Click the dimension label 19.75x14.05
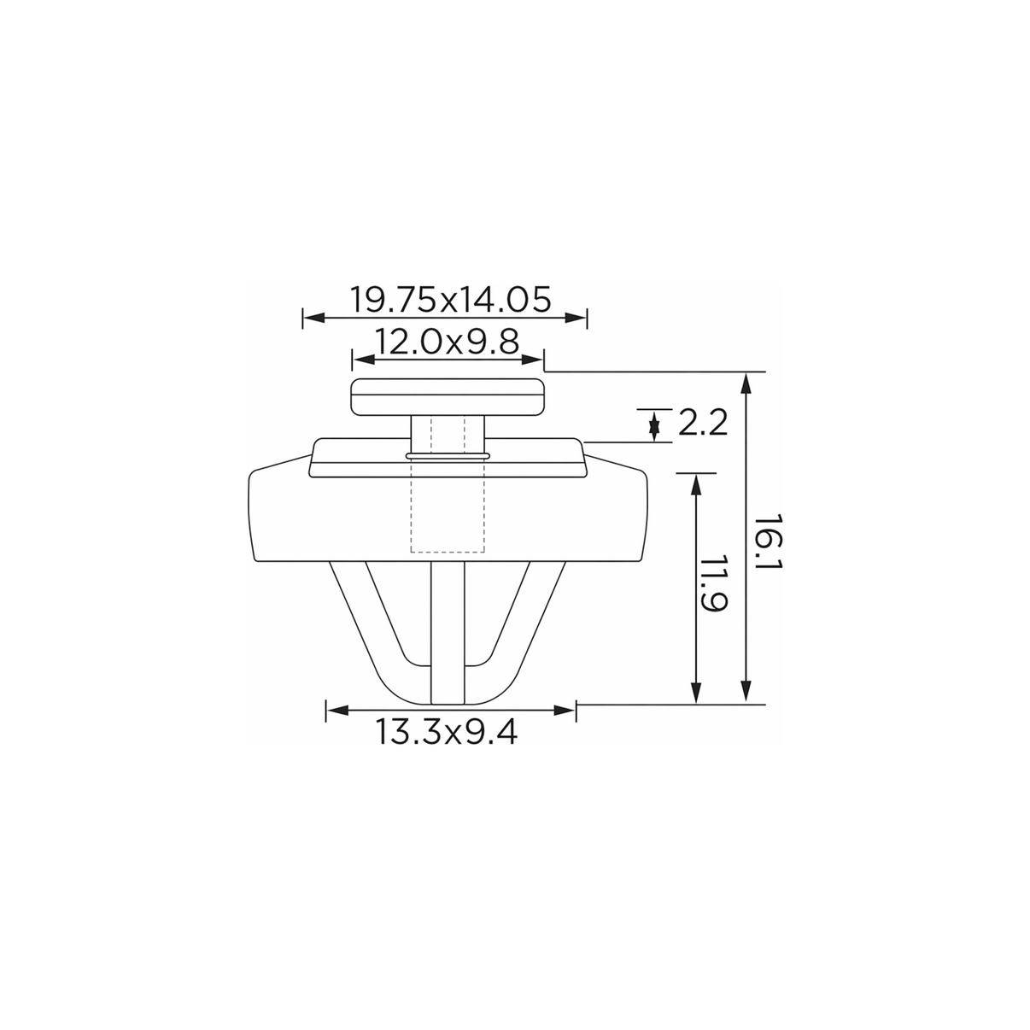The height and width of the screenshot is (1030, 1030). pyautogui.click(x=450, y=300)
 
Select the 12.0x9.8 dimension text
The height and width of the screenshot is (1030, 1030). pyautogui.click(x=447, y=342)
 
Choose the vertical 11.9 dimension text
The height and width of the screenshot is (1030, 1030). pyautogui.click(x=712, y=585)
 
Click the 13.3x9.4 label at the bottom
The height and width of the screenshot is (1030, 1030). pyautogui.click(x=446, y=732)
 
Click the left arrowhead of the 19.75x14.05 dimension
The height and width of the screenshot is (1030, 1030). pyautogui.click(x=314, y=318)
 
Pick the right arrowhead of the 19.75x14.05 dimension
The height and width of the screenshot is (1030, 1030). pyautogui.click(x=576, y=318)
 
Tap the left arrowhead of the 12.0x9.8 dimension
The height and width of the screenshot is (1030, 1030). pyautogui.click(x=364, y=360)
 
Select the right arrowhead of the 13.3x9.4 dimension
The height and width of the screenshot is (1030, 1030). pyautogui.click(x=565, y=711)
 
